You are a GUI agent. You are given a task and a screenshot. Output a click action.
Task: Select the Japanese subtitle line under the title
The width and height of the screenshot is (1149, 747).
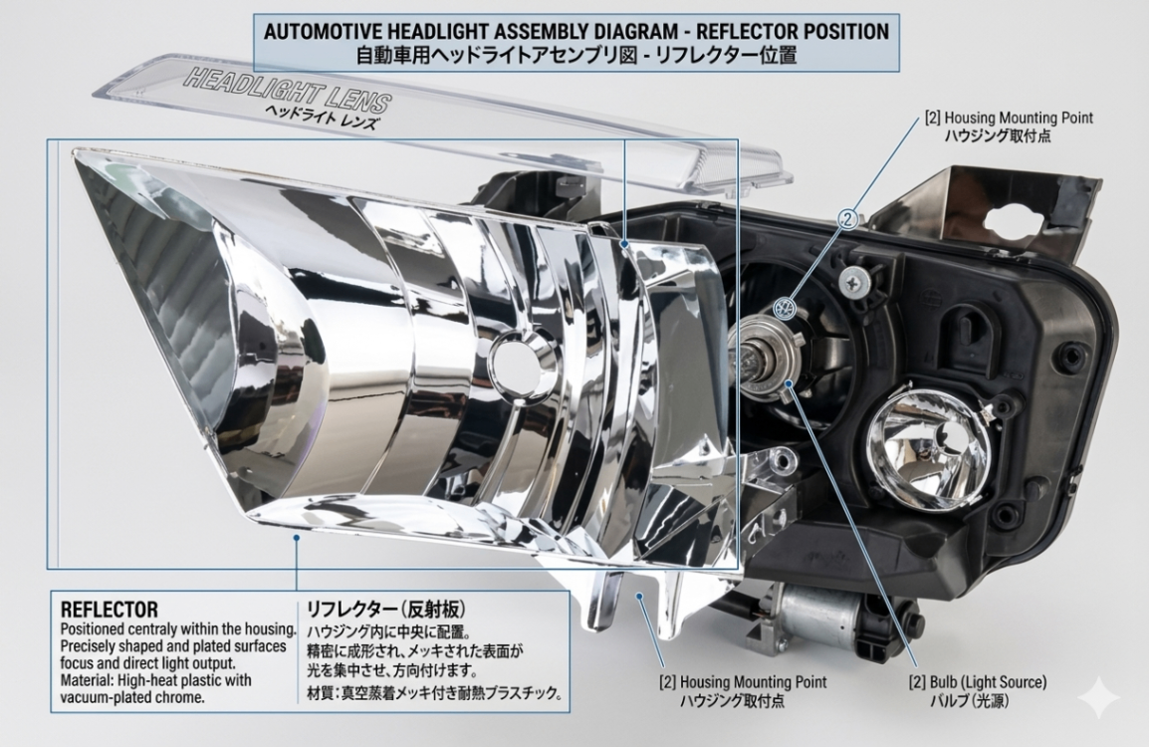coord(575,55)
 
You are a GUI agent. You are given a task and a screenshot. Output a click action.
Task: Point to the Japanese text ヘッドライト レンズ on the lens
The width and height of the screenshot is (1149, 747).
coord(322,116)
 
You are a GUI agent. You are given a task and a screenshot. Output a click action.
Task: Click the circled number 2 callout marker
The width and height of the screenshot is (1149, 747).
coord(848,218)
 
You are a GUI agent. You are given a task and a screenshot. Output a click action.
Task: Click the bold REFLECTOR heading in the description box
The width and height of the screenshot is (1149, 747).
coord(110,610)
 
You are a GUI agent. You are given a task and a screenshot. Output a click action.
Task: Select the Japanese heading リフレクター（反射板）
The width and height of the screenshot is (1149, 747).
coord(385,610)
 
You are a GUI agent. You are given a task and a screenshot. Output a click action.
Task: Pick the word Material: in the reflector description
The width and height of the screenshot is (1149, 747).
coord(89,680)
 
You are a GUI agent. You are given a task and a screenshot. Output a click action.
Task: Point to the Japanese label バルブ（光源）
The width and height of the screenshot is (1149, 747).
coord(970,701)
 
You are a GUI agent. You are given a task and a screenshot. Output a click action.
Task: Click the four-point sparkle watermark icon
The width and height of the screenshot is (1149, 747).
coord(1100,697)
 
